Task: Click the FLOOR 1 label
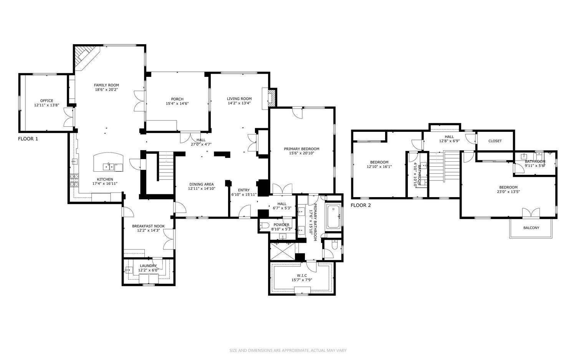pyautogui.click(x=28, y=139)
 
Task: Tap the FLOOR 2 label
pyautogui.click(x=361, y=205)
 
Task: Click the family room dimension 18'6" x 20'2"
pyautogui.click(x=106, y=90)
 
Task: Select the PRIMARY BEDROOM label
pyautogui.click(x=301, y=149)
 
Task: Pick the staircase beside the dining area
pyautogui.click(x=166, y=166)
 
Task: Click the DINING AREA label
pyautogui.click(x=201, y=184)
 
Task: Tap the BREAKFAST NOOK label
pyautogui.click(x=148, y=226)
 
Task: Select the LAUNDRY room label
pyautogui.click(x=148, y=265)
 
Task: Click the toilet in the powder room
pyautogui.click(x=265, y=226)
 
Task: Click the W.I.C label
pyautogui.click(x=301, y=275)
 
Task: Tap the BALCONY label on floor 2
pyautogui.click(x=531, y=228)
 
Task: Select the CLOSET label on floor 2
pyautogui.click(x=495, y=141)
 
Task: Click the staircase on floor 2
pyautogui.click(x=444, y=167)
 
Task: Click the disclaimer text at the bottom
pyautogui.click(x=288, y=350)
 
